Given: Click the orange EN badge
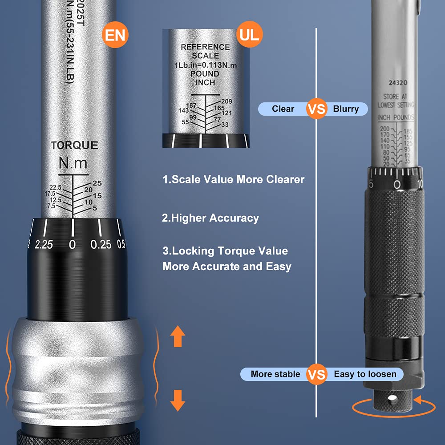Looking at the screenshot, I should point(115,35).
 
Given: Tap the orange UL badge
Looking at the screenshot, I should point(249,34).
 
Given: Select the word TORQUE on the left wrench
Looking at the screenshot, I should point(74,146).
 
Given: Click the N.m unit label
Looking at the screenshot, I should point(73,163).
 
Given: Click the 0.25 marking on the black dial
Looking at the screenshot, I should point(101,244).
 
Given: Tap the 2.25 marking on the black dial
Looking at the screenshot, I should point(44,244).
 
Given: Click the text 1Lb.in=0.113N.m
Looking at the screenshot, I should point(205,65).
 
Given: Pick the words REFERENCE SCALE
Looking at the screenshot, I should point(205,51).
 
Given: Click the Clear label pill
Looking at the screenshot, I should point(283,109).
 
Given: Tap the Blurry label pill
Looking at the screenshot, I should point(346,109).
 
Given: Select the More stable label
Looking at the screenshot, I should point(275,374).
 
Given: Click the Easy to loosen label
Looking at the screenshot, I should point(365,374).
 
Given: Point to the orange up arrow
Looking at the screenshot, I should point(178,336).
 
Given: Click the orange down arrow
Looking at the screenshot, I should point(178,400).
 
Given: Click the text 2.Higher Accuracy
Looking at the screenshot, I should point(210,218).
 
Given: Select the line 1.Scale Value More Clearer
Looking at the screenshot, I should point(233,179).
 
